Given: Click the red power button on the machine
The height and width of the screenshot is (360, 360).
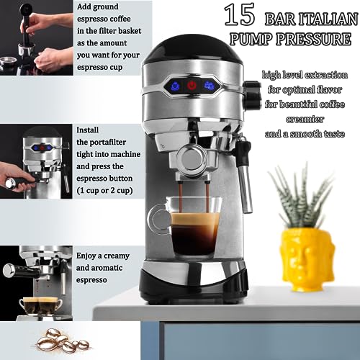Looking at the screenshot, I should coord(192,86).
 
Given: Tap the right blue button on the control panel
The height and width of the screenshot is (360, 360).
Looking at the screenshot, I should coord(211,86).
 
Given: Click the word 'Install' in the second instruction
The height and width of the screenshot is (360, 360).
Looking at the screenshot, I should coord(89,130).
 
